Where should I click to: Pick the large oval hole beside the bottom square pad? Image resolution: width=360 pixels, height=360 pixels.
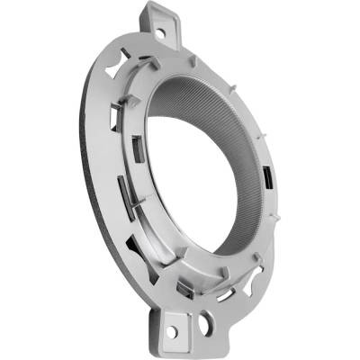click(x=208, y=319)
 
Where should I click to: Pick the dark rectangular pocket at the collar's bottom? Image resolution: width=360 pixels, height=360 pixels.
click(x=186, y=287)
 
